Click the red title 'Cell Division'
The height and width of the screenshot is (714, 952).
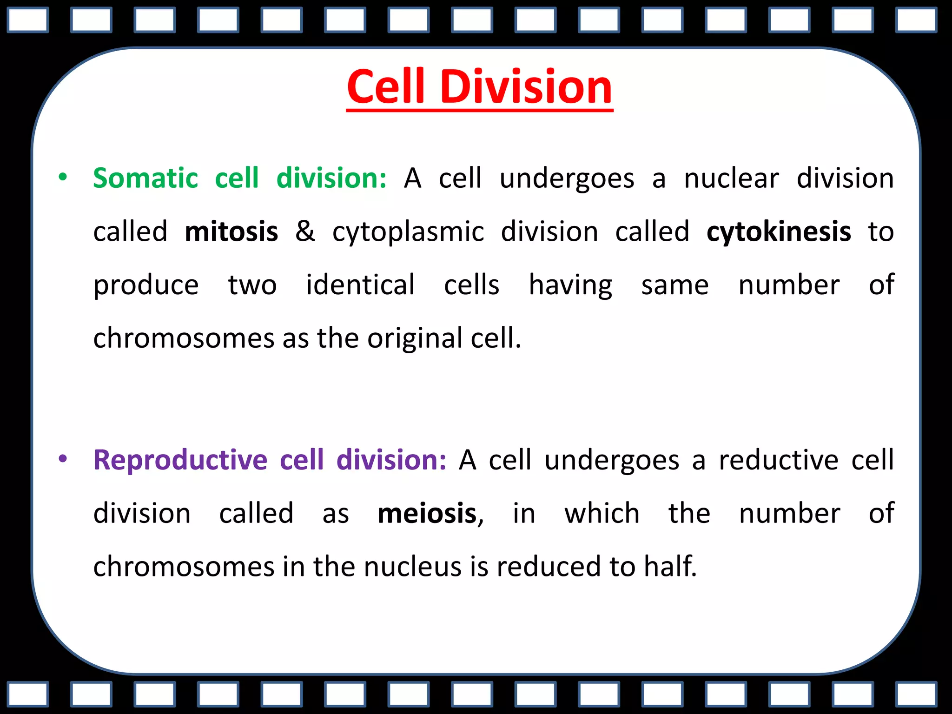pyautogui.click(x=479, y=87)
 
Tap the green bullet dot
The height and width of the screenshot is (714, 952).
pyautogui.click(x=63, y=177)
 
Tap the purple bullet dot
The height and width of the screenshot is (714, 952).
pyautogui.click(x=63, y=459)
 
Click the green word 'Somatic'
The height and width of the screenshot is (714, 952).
pyautogui.click(x=145, y=178)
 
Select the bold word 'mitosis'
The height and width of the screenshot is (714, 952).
pyautogui.click(x=231, y=231)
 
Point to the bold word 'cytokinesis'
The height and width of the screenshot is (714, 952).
pyautogui.click(x=779, y=231)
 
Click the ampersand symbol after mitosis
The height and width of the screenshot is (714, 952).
pyautogui.click(x=305, y=231)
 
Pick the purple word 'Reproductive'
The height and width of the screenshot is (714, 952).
pyautogui.click(x=180, y=460)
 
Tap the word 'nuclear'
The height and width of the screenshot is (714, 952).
pyautogui.click(x=731, y=178)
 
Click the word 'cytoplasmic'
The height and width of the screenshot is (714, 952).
pyautogui.click(x=408, y=232)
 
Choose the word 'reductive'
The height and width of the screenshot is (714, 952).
pyautogui.click(x=779, y=460)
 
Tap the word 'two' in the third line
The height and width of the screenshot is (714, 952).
pyautogui.click(x=252, y=285)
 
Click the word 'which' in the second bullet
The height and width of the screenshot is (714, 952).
pyautogui.click(x=602, y=514)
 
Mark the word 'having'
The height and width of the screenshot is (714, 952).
pyautogui.click(x=570, y=285)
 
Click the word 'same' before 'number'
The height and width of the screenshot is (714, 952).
pyautogui.click(x=675, y=285)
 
